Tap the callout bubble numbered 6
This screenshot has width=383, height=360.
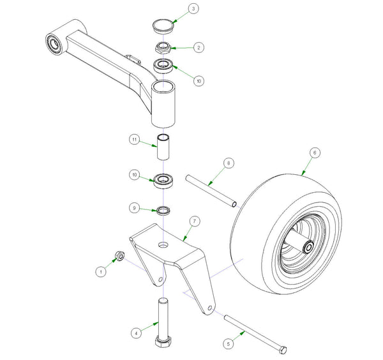[x=314, y=153]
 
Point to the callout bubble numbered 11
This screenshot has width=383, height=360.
[x=135, y=139]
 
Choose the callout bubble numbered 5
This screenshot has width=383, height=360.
[x=229, y=343]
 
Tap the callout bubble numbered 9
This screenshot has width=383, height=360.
[x=133, y=207]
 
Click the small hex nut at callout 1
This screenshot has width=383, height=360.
[x=119, y=257]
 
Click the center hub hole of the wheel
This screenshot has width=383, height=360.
[x=308, y=246]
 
